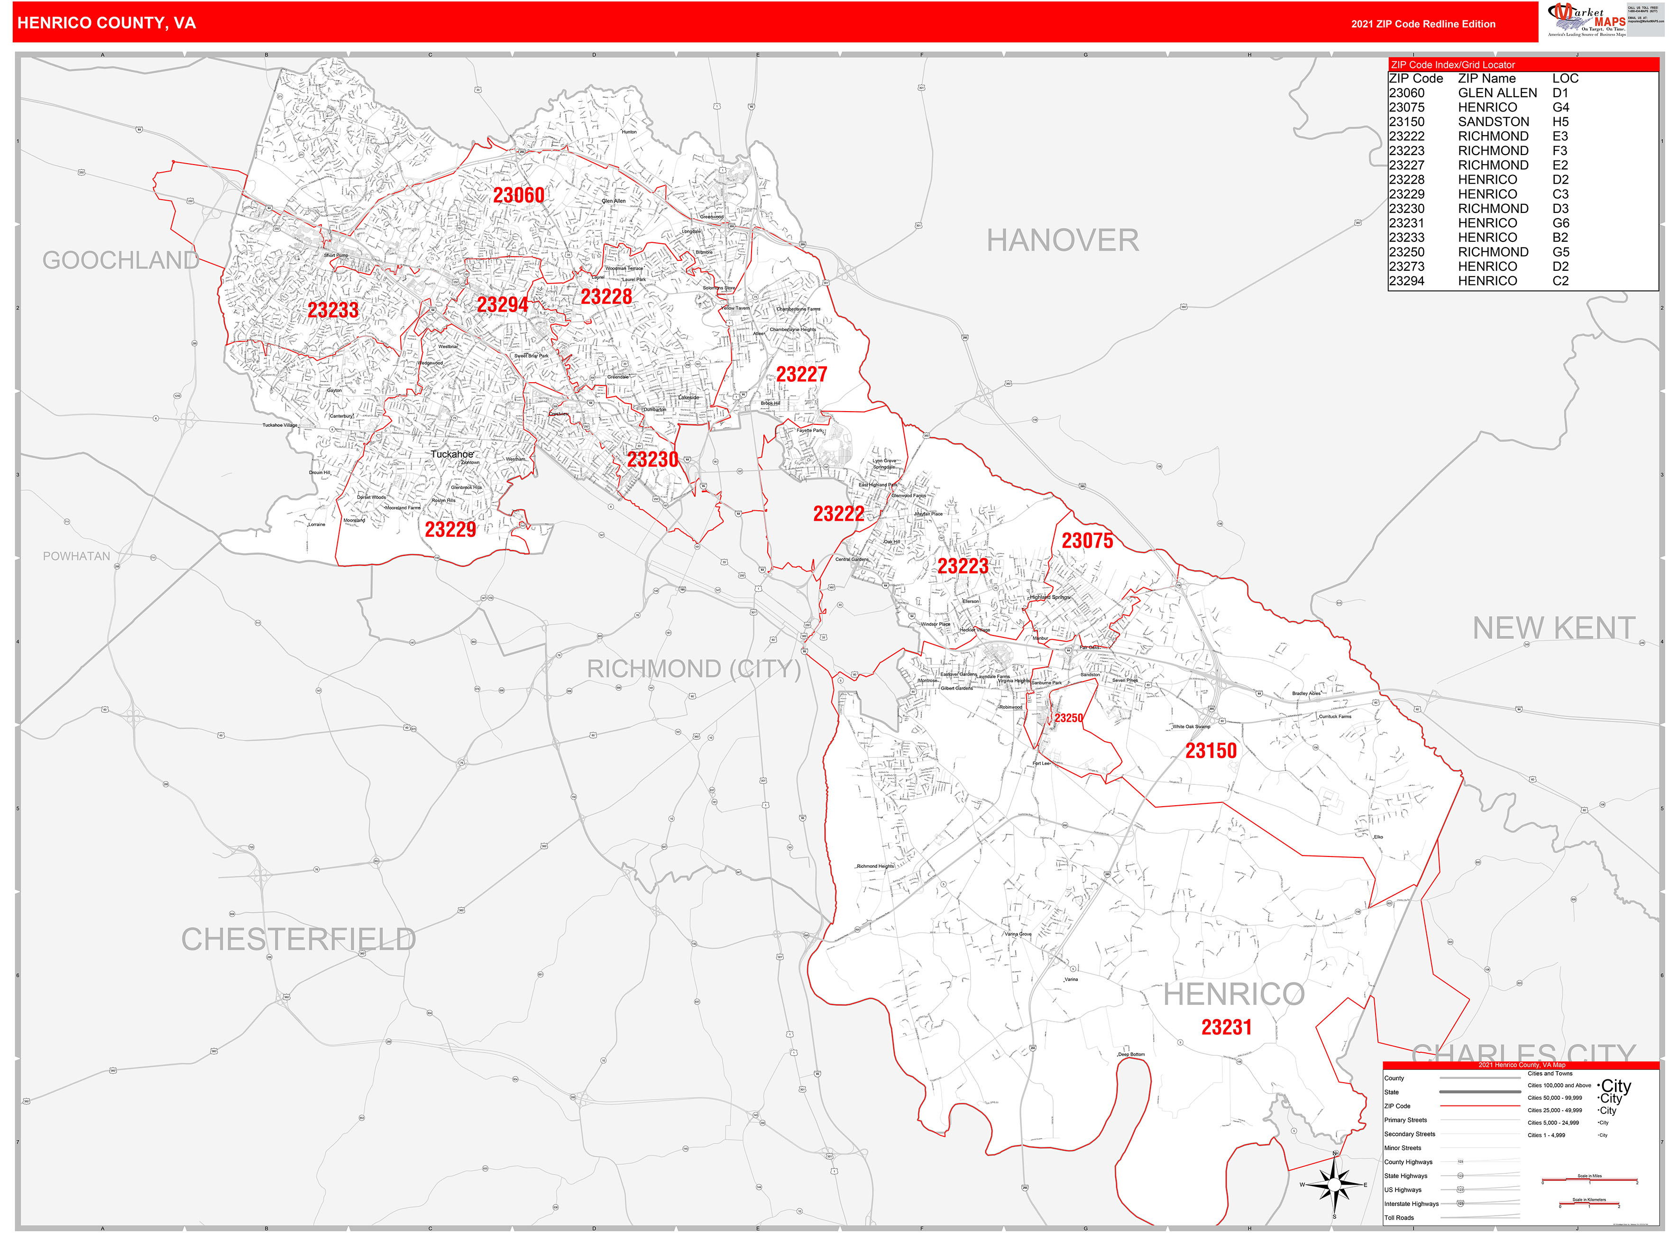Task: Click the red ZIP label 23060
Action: pyautogui.click(x=519, y=195)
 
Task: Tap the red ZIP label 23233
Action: pyautogui.click(x=333, y=310)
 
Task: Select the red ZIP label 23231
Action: pyautogui.click(x=1226, y=1027)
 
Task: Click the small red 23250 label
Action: pyautogui.click(x=1068, y=718)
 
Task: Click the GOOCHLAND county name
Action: pyautogui.click(x=120, y=260)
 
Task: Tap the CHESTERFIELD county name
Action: pyautogui.click(x=298, y=939)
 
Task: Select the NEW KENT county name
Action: pyautogui.click(x=1554, y=628)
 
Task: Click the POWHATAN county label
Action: pyautogui.click(x=76, y=556)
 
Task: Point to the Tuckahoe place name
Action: pyautogui.click(x=451, y=454)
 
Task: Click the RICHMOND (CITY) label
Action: pyautogui.click(x=693, y=669)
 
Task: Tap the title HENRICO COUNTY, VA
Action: pyautogui.click(x=107, y=23)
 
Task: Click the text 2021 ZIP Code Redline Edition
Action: pyautogui.click(x=1422, y=24)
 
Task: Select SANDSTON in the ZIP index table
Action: pyautogui.click(x=1493, y=122)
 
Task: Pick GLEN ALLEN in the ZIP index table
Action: pyautogui.click(x=1497, y=92)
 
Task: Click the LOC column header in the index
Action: pyautogui.click(x=1565, y=78)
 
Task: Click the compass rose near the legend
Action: pyautogui.click(x=1334, y=1185)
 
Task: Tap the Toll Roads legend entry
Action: pyautogui.click(x=1399, y=1217)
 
